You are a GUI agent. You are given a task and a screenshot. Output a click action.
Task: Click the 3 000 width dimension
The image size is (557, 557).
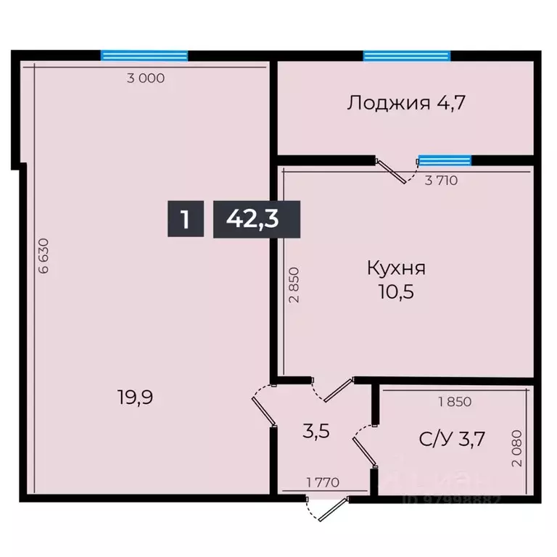pyautogui.click(x=146, y=79)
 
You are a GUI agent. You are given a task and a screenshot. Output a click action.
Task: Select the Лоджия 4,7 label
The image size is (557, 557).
pyautogui.click(x=405, y=102)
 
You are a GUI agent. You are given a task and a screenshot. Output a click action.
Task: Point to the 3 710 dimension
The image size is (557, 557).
pyautogui.click(x=440, y=181)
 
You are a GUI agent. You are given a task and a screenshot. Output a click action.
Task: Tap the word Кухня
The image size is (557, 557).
pyautogui.click(x=396, y=268)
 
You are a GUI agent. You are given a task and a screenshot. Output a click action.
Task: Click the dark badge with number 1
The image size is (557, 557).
pyautogui.click(x=186, y=218)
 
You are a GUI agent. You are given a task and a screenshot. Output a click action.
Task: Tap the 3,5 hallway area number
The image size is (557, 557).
pyautogui.click(x=316, y=431)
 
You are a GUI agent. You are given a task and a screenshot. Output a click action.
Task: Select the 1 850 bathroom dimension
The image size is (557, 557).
pyautogui.click(x=454, y=401)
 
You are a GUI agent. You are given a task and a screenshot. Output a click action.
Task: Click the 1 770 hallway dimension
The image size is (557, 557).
pyautogui.click(x=323, y=482)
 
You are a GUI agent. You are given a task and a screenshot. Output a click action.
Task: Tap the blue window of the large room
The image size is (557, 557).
pyautogui.click(x=144, y=55)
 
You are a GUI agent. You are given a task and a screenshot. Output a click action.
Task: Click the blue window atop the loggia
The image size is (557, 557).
pyautogui.click(x=406, y=55)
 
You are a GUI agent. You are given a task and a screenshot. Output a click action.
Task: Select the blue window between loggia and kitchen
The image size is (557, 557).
pyautogui.click(x=445, y=160)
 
